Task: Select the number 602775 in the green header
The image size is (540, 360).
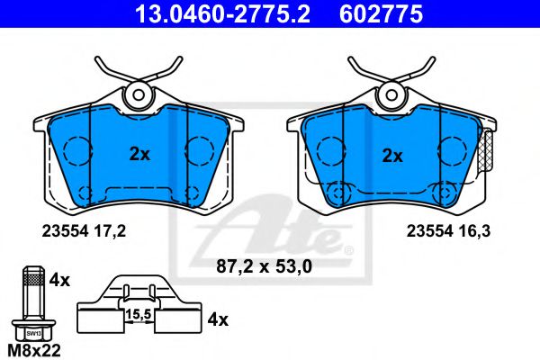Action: (379, 14)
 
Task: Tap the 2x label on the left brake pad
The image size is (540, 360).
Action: (139, 154)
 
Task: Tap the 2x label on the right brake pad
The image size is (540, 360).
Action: (392, 155)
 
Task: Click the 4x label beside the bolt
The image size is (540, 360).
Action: (60, 279)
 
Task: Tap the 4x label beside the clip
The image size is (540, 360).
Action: (217, 319)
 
